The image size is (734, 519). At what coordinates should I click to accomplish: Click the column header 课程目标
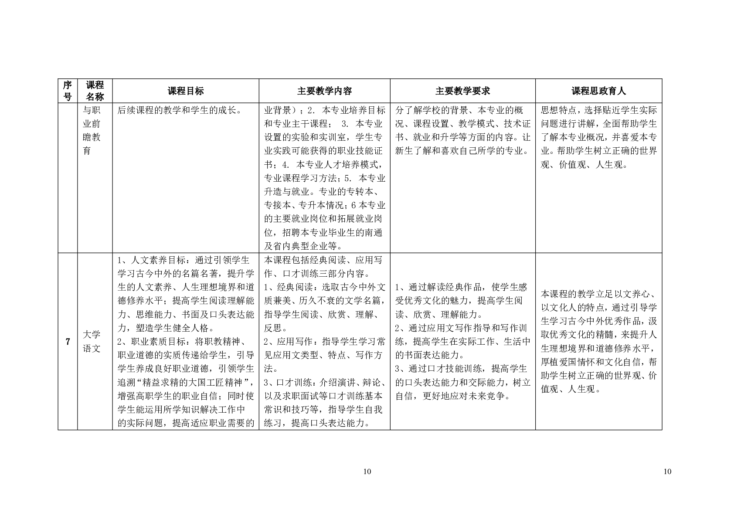click(x=186, y=91)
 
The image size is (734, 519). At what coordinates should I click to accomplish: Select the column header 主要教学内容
click(x=324, y=91)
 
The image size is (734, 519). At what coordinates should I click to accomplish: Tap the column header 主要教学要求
click(x=462, y=91)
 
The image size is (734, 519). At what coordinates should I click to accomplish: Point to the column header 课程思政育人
click(x=598, y=91)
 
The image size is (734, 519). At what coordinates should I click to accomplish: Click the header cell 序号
click(x=68, y=91)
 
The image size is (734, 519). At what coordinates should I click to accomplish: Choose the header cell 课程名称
click(x=95, y=91)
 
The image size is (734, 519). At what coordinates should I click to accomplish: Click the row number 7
click(x=68, y=342)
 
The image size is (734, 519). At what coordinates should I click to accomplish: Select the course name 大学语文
click(x=92, y=342)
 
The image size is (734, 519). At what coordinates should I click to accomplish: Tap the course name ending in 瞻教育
click(x=92, y=130)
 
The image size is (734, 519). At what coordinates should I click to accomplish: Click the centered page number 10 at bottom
click(x=367, y=472)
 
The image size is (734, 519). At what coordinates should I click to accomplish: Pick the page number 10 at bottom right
click(x=667, y=472)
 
